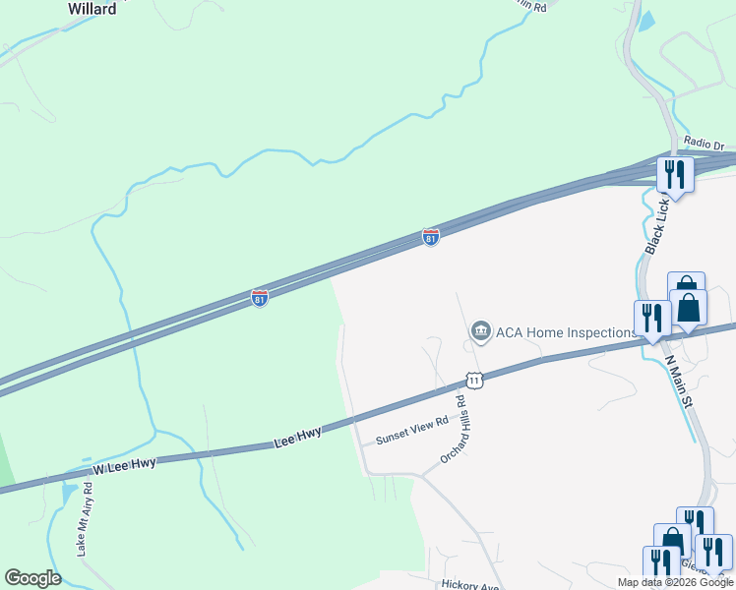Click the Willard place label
(92, 9)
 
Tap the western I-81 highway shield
(260, 297)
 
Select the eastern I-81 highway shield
(431, 237)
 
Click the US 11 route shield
(475, 379)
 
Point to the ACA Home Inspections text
(567, 332)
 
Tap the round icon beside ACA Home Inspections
(480, 331)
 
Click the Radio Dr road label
(704, 144)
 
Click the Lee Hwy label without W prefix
(298, 440)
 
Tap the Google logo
(32, 578)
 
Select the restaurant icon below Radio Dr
(674, 174)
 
